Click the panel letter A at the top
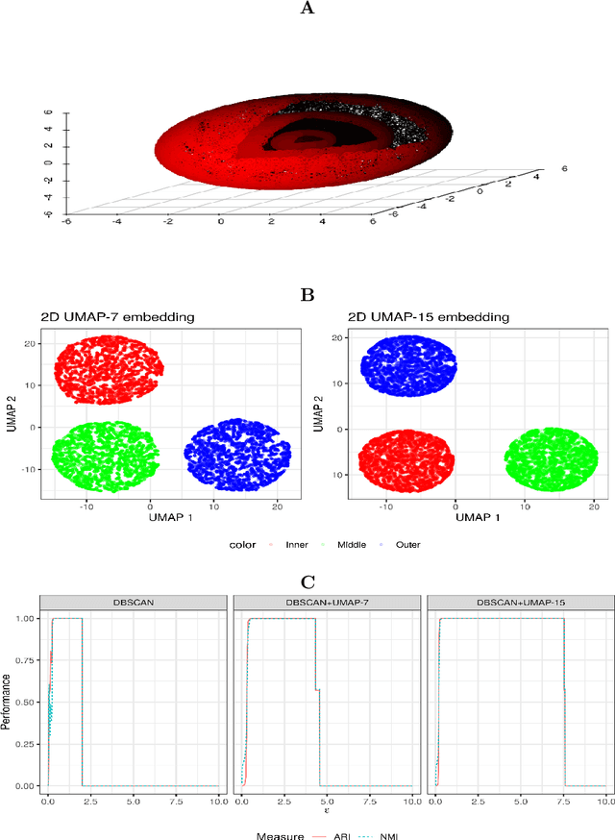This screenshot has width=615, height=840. click(307, 9)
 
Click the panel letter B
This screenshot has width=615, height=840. click(307, 295)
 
